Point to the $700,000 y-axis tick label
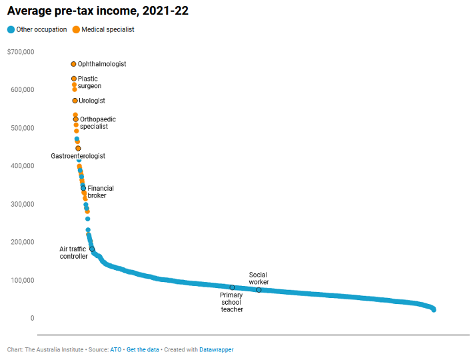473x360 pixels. pyautogui.click(x=21, y=52)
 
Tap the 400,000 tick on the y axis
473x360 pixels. pyautogui.click(x=23, y=166)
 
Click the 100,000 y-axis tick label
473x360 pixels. pyautogui.click(x=23, y=280)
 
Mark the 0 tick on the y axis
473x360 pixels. pyautogui.click(x=31, y=318)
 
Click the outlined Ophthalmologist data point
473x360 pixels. pyautogui.click(x=73, y=64)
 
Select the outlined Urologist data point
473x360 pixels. pyautogui.click(x=75, y=101)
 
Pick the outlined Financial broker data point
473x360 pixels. pyautogui.click(x=83, y=188)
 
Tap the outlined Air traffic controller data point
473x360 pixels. pyautogui.click(x=92, y=249)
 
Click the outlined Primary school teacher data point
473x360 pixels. pyautogui.click(x=232, y=288)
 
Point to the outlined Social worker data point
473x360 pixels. pyautogui.click(x=258, y=289)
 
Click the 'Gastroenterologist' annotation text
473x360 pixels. pyautogui.click(x=78, y=156)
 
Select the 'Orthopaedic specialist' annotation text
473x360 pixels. pyautogui.click(x=97, y=123)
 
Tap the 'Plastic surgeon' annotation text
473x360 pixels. pyautogui.click(x=89, y=83)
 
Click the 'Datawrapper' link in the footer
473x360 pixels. pyautogui.click(x=217, y=349)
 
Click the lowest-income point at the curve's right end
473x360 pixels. pyautogui.click(x=434, y=309)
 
